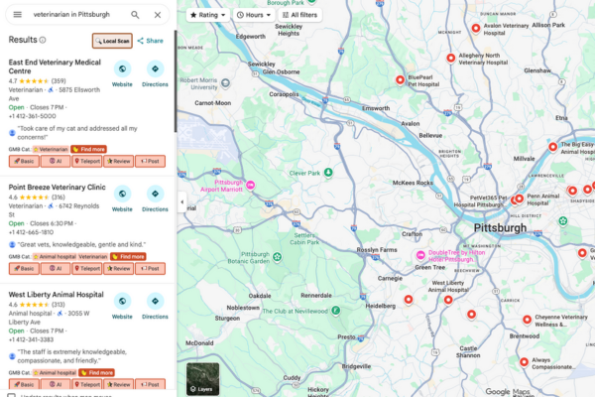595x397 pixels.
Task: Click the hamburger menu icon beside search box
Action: pyautogui.click(x=17, y=15)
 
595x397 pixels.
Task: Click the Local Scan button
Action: pyautogui.click(x=111, y=41)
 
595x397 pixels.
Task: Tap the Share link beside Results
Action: pyautogui.click(x=150, y=41)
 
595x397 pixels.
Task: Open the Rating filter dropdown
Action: pyautogui.click(x=208, y=15)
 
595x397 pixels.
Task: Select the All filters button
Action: pyautogui.click(x=300, y=15)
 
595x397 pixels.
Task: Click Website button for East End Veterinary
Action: pyautogui.click(x=122, y=73)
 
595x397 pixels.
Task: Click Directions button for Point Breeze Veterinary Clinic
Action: pyautogui.click(x=156, y=198)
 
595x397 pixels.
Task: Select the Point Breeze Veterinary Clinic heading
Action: pyautogui.click(x=57, y=186)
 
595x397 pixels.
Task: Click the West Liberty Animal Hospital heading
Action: pyautogui.click(x=57, y=295)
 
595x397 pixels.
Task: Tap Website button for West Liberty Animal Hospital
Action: pyautogui.click(x=122, y=306)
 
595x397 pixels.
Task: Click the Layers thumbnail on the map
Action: pyautogui.click(x=203, y=377)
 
